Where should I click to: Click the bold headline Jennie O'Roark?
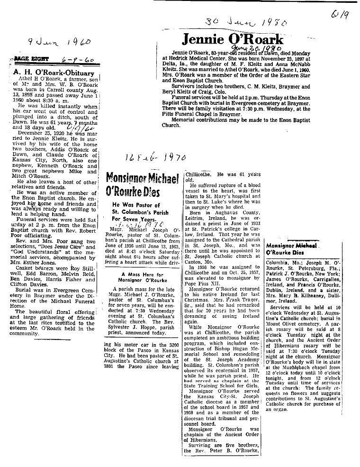point(233,39)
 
